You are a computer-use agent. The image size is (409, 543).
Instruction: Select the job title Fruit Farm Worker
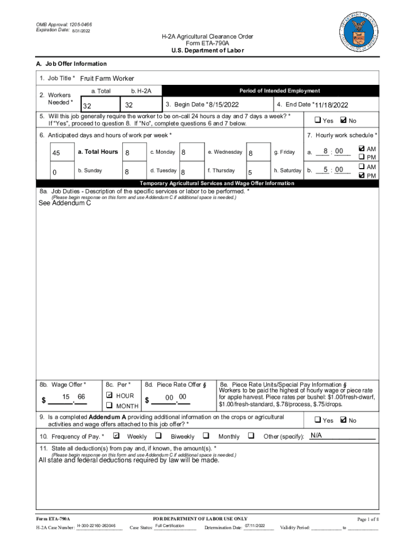pos(107,78)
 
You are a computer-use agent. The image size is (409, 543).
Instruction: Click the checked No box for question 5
pos(343,120)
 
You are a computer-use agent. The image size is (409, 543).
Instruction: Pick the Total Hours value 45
pos(56,153)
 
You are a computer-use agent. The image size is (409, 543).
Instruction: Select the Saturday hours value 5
pos(250,172)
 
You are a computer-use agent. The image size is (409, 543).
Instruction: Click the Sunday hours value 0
pos(55,172)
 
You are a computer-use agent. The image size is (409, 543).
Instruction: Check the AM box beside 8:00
pos(362,149)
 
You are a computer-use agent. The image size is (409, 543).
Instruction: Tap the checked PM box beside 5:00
pos(362,176)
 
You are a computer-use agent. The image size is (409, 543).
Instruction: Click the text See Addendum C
pos(65,203)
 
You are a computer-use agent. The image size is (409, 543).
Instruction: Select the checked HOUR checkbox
pos(109,396)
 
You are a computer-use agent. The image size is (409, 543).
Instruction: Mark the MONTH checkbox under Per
pos(109,406)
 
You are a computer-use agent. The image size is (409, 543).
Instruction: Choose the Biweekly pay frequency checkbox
pos(158,436)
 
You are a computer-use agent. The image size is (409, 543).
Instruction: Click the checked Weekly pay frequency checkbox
pos(116,436)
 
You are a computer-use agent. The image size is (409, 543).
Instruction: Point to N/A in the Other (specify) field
pos(317,435)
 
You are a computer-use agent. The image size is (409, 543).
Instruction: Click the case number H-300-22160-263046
pos(100,526)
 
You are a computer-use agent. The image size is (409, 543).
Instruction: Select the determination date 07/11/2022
pos(255,526)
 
